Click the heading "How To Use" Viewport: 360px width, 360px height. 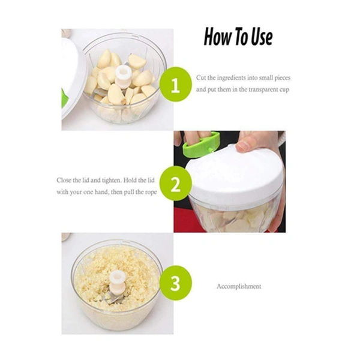click(238, 37)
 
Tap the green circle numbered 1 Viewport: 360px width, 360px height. click(175, 84)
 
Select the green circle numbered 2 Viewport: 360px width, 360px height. click(175, 184)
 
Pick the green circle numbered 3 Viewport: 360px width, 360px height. click(175, 283)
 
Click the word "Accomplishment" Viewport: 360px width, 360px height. click(239, 286)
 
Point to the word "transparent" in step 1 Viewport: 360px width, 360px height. click(261, 89)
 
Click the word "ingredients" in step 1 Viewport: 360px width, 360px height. click(231, 78)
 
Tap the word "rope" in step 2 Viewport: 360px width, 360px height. click(151, 192)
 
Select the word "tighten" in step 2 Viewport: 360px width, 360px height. click(111, 181)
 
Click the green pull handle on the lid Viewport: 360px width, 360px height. click(201, 145)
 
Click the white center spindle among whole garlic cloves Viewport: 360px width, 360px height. click(124, 77)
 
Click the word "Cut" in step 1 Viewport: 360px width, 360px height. click(201, 78)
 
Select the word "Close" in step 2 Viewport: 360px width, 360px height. click(64, 180)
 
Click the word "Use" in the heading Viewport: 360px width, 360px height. click(262, 37)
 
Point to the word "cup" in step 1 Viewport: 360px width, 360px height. click(284, 90)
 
